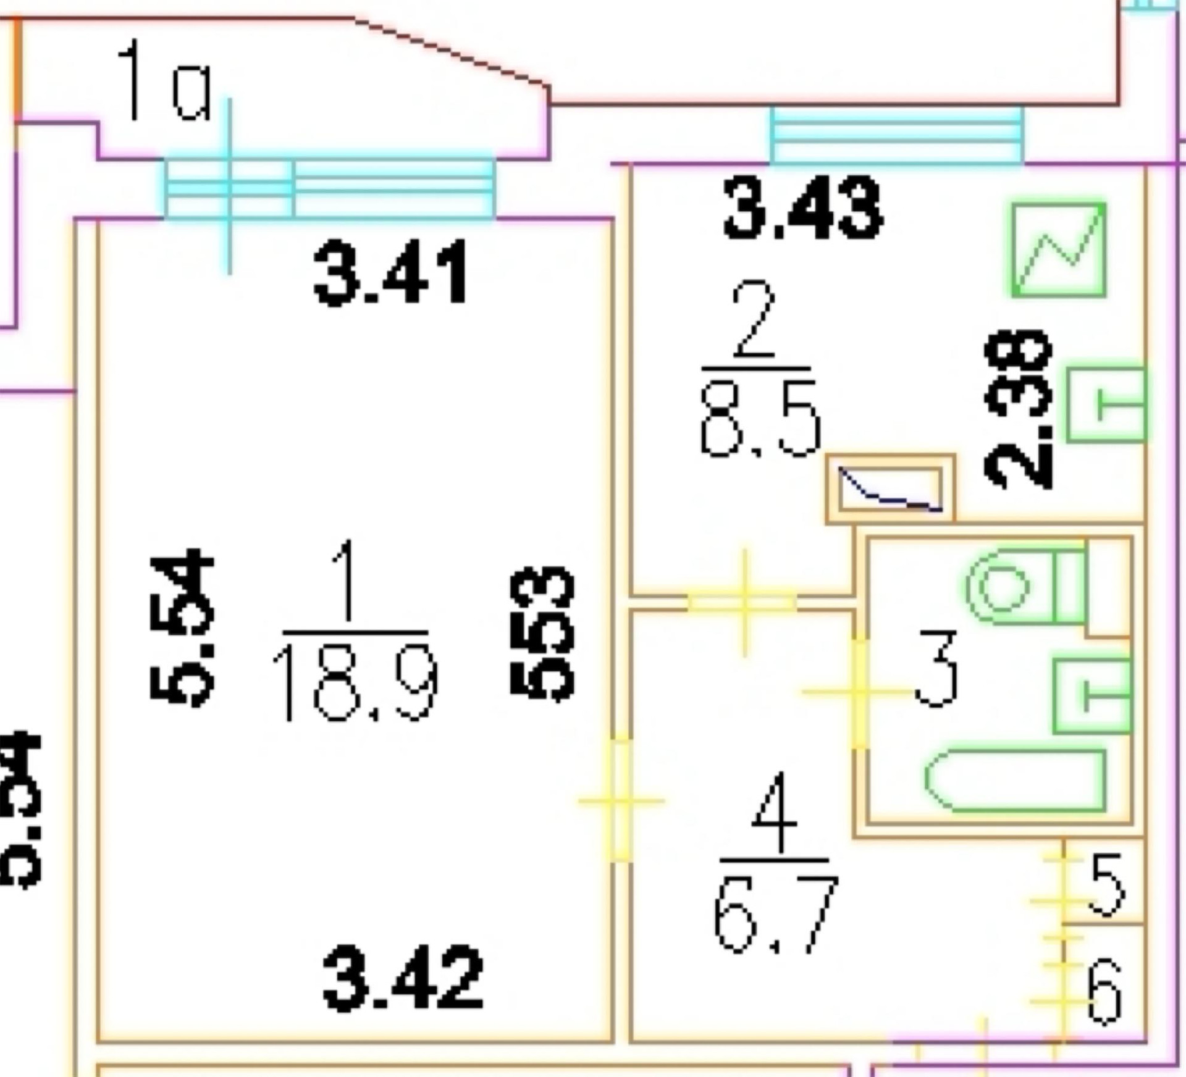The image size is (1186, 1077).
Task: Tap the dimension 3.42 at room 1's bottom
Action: click(x=402, y=978)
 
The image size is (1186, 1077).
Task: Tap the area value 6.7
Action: click(x=775, y=913)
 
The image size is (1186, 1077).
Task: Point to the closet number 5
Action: click(x=1106, y=884)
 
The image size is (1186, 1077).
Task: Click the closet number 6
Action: click(x=1104, y=991)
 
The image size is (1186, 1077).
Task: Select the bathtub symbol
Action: click(x=1015, y=780)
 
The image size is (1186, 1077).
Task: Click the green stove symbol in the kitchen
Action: click(x=1058, y=249)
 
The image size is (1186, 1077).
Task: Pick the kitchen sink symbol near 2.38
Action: click(x=1106, y=405)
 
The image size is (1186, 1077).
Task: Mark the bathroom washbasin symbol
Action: click(x=1092, y=695)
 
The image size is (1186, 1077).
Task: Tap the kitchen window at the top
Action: click(x=896, y=135)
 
